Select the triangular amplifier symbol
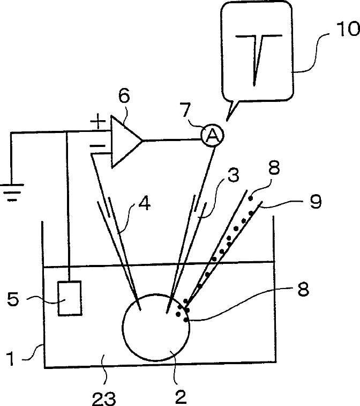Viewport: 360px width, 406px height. coord(125,141)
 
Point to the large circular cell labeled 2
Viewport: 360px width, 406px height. coord(156,327)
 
